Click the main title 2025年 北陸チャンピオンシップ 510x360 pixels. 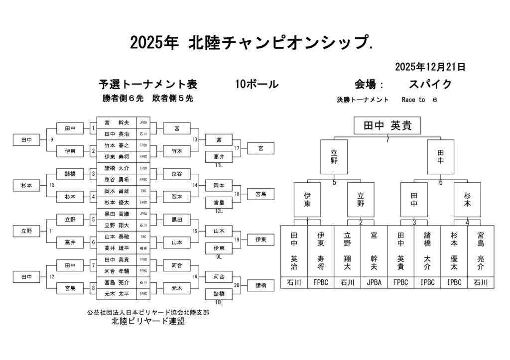pyautogui.click(x=252, y=43)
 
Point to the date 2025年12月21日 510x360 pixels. pyautogui.click(x=430, y=67)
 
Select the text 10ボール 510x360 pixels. pyautogui.click(x=256, y=84)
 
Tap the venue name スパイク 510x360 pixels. pyautogui.click(x=430, y=84)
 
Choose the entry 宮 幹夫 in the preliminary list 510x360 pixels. pyautogui.click(x=117, y=122)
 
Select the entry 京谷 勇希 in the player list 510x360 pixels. pyautogui.click(x=117, y=179)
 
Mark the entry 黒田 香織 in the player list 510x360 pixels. pyautogui.click(x=117, y=213)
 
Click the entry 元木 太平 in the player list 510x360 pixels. pyautogui.click(x=117, y=293)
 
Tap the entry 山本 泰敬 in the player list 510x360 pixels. pyautogui.click(x=117, y=236)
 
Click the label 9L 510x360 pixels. pyautogui.click(x=219, y=257)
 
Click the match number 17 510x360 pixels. pyautogui.click(x=237, y=148)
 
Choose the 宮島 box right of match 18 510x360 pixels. pyautogui.click(x=260, y=194)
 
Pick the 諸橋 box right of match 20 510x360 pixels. pyautogui.click(x=260, y=285)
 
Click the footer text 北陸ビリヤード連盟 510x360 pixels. pyautogui.click(x=148, y=321)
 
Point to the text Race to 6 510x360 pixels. pyautogui.click(x=419, y=100)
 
